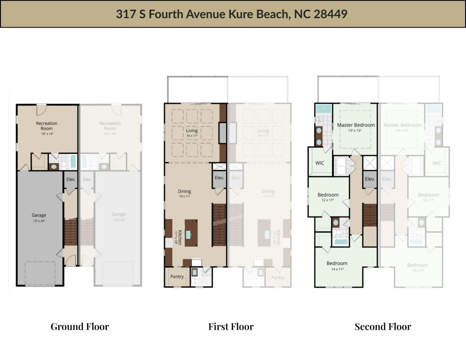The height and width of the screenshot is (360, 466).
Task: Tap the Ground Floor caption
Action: pyautogui.click(x=80, y=326)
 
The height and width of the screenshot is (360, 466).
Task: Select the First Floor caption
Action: pyautogui.click(x=231, y=326)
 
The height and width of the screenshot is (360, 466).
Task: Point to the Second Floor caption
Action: pyautogui.click(x=383, y=326)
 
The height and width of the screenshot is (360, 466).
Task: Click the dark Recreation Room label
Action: pyautogui.click(x=47, y=126)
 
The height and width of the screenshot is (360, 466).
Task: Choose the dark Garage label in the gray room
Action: pyautogui.click(x=39, y=215)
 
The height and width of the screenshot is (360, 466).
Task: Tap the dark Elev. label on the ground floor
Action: pyautogui.click(x=71, y=179)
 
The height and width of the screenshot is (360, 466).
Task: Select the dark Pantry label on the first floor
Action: pyautogui.click(x=177, y=277)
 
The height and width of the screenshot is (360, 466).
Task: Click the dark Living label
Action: pyautogui.click(x=192, y=131)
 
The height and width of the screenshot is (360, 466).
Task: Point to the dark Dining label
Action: pyautogui.click(x=185, y=191)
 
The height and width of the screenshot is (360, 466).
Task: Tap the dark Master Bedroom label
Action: pyautogui.click(x=356, y=125)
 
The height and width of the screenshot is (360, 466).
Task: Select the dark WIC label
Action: pyautogui.click(x=320, y=163)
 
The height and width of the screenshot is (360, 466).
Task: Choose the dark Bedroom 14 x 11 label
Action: pyautogui.click(x=337, y=263)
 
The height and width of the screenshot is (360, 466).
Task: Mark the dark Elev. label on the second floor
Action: pyautogui.click(x=370, y=179)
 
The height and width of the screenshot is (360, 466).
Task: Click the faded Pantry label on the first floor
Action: pyautogui.click(x=278, y=277)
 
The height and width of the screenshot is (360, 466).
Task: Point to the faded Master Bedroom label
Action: pyautogui.click(x=402, y=125)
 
